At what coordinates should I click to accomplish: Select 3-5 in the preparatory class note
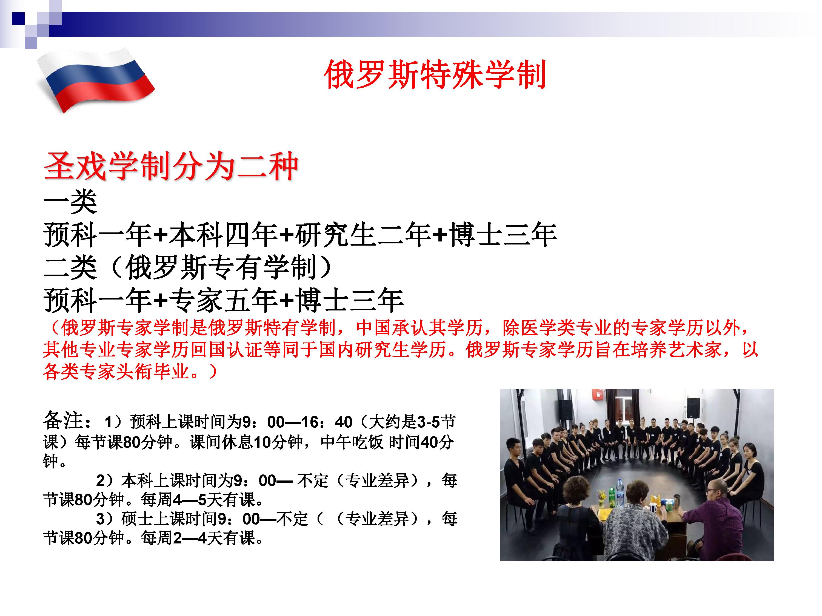pos(429,422)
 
